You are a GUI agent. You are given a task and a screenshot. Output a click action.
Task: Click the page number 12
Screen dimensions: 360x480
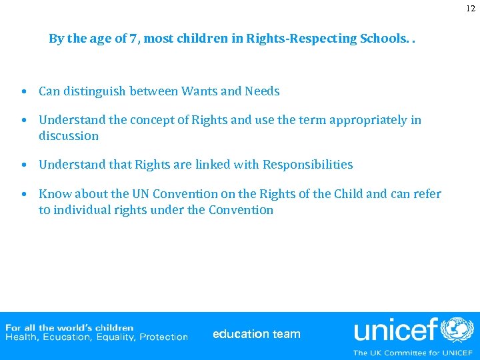pyautogui.click(x=471, y=9)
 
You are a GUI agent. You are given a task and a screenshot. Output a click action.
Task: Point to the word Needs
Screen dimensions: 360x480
pyautogui.click(x=262, y=91)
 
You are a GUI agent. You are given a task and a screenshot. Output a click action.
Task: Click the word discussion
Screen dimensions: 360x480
pyautogui.click(x=69, y=136)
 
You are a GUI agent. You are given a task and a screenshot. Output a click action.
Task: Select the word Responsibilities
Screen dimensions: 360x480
pyautogui.click(x=307, y=165)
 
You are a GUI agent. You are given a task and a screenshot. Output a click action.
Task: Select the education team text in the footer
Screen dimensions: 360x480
pyautogui.click(x=257, y=334)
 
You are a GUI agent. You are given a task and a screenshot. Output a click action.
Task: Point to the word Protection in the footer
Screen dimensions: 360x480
pyautogui.click(x=163, y=337)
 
